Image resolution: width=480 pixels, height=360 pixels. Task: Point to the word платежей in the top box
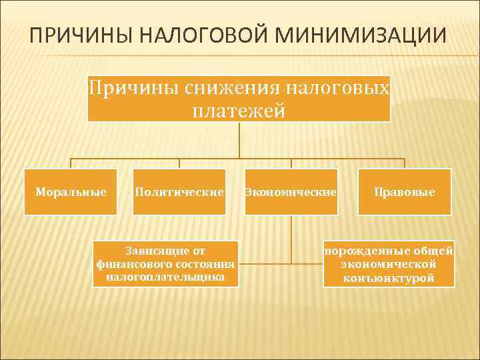239,110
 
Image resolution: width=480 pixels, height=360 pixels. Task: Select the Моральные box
71,192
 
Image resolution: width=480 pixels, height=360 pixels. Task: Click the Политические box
179,192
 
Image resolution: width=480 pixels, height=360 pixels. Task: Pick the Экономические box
291,192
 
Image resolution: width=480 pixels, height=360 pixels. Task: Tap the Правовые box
404,192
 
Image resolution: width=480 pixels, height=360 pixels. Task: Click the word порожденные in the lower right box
359,251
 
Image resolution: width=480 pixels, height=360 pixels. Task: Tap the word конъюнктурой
389,277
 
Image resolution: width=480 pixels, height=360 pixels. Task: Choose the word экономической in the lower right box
389,264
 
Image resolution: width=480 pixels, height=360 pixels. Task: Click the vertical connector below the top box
239,140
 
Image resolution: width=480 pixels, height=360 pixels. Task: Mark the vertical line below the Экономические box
291,240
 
